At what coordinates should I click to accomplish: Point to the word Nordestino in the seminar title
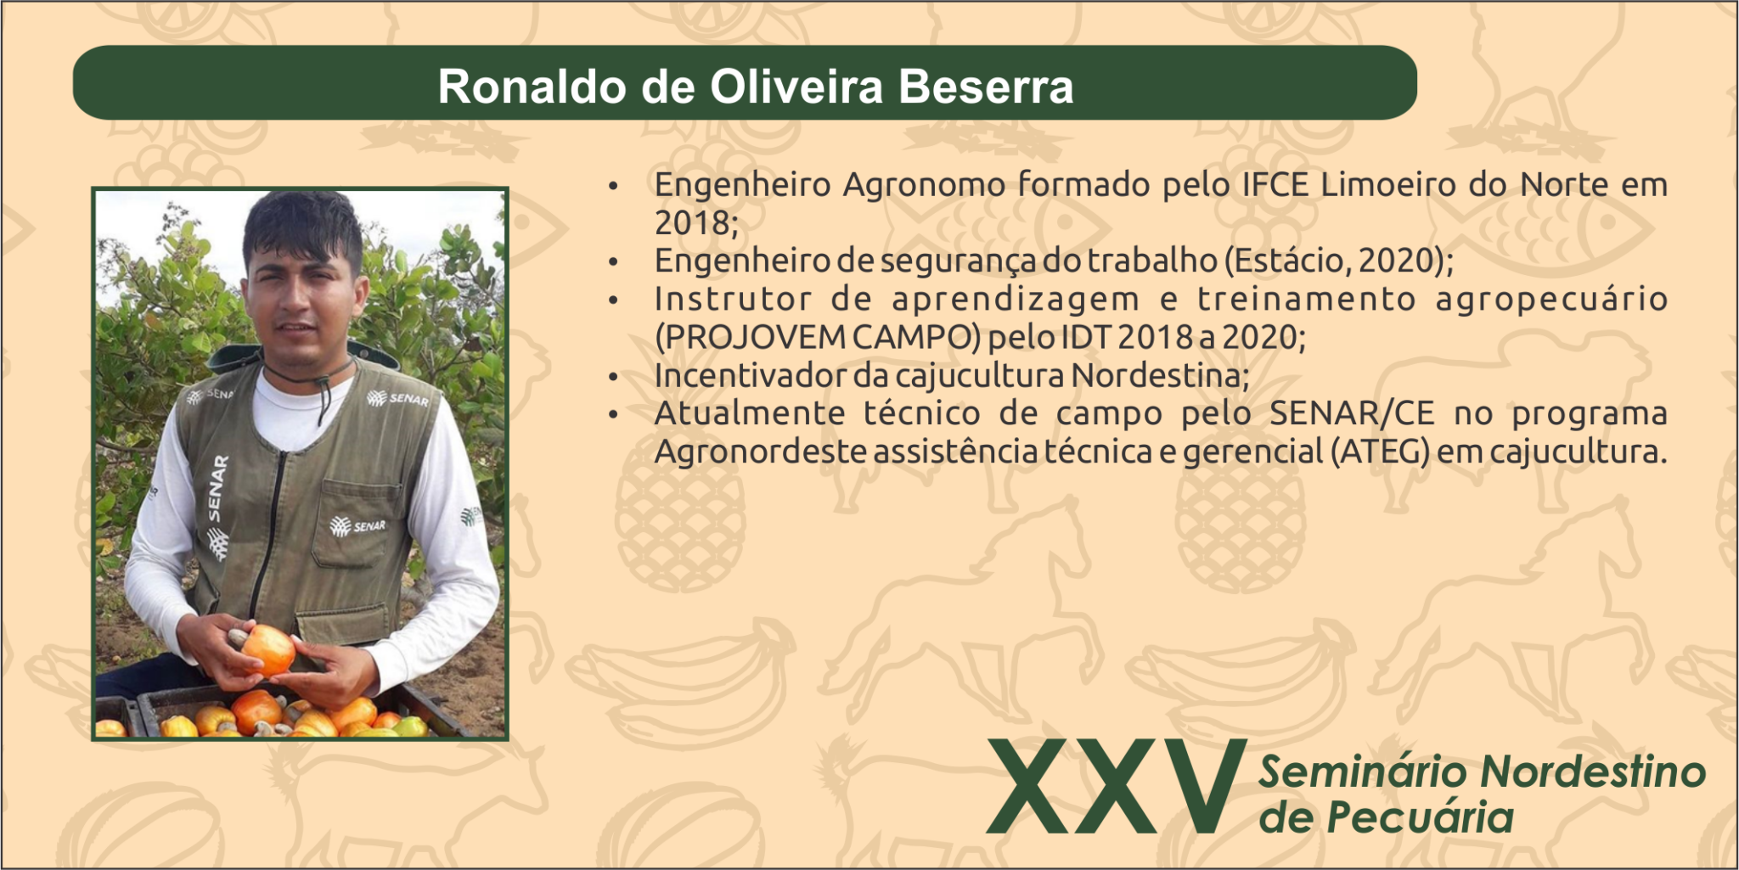pos(1592,772)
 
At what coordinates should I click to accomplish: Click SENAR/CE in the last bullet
pos(1352,413)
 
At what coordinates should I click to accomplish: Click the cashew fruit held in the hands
pos(267,648)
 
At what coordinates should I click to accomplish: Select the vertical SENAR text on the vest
pos(217,489)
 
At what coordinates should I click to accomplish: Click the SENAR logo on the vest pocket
pos(358,526)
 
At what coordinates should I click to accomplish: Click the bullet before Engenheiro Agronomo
pos(614,185)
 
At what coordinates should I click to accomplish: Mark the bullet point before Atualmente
pos(614,414)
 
